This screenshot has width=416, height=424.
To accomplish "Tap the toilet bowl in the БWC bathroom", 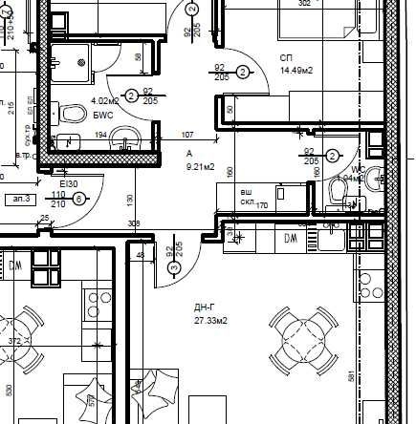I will tap(72, 115).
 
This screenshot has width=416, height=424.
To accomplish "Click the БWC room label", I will tap(103, 115).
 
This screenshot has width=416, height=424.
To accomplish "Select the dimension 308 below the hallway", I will tap(134, 224).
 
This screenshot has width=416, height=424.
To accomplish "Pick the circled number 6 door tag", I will tap(79, 198).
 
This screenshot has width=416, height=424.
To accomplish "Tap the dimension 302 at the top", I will tap(304, 4).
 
